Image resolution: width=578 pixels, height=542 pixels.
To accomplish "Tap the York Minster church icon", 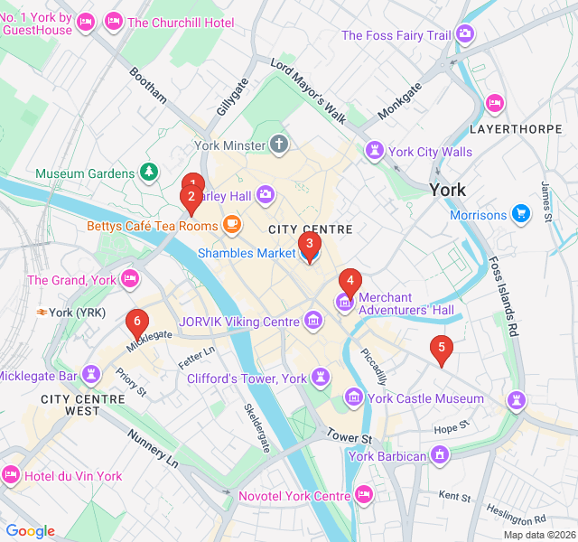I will [x=280, y=145].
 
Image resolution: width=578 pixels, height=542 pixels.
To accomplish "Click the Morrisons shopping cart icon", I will [x=520, y=215].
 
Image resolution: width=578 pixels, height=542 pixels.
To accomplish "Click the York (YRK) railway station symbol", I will [x=42, y=313].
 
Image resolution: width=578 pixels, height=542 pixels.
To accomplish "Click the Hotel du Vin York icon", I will [x=11, y=475].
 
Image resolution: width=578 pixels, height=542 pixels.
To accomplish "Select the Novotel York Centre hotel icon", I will [x=364, y=495].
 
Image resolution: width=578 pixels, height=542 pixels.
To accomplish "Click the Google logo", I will [x=31, y=531].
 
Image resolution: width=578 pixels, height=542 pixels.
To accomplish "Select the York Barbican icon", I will [x=440, y=456].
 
